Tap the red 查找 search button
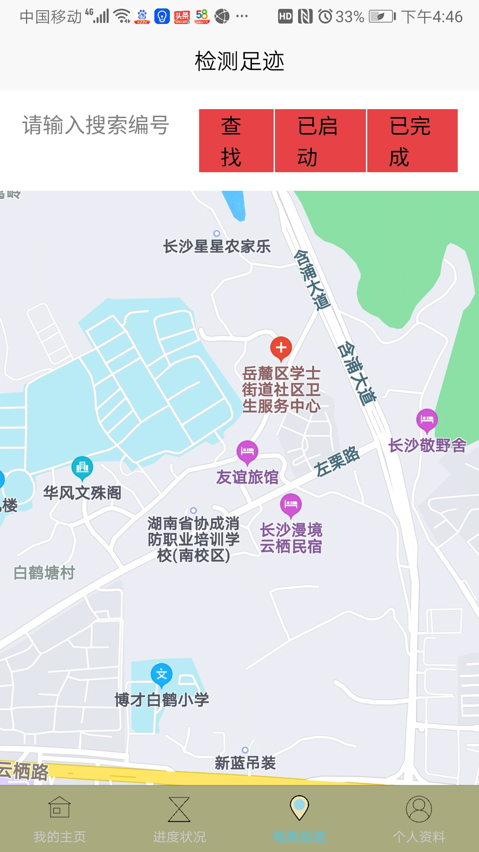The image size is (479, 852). click(236, 141)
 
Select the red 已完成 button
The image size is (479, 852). click(412, 141)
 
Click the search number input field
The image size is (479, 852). click(96, 125)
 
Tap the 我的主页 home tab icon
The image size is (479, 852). click(59, 807)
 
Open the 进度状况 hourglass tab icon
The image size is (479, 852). click(179, 809)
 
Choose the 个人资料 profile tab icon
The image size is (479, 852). click(419, 809)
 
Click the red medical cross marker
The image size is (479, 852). click(281, 348)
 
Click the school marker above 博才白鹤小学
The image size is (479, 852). click(161, 674)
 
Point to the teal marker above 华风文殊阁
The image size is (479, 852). click(82, 467)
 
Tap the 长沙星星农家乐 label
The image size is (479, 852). click(217, 246)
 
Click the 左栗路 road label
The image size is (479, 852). click(337, 461)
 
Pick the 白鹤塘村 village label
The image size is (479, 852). click(44, 573)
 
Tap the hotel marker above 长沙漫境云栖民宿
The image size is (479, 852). click(291, 505)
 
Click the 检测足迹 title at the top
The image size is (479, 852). click(239, 61)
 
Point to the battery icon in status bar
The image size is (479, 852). click(381, 17)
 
